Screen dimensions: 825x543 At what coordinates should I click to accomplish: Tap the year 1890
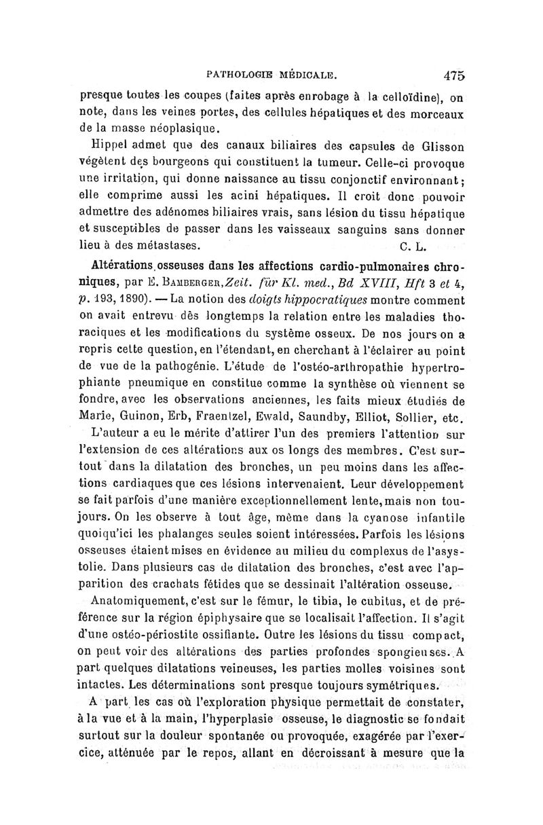click(119, 299)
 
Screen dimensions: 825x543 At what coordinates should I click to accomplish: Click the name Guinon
click(143, 416)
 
